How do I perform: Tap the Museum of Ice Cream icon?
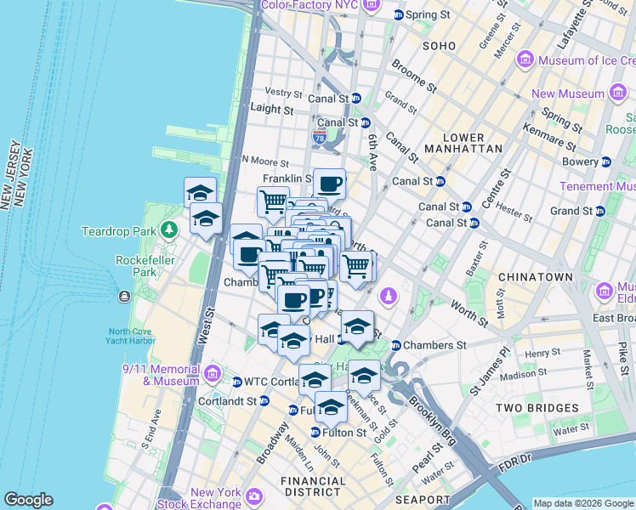coord(525,60)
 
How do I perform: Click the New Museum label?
coord(568,94)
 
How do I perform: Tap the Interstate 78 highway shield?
coord(320,136)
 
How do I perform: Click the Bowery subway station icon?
coord(606,161)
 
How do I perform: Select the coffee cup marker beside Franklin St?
coord(329,183)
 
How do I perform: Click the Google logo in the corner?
coord(28,500)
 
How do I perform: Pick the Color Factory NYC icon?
coord(370,6)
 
